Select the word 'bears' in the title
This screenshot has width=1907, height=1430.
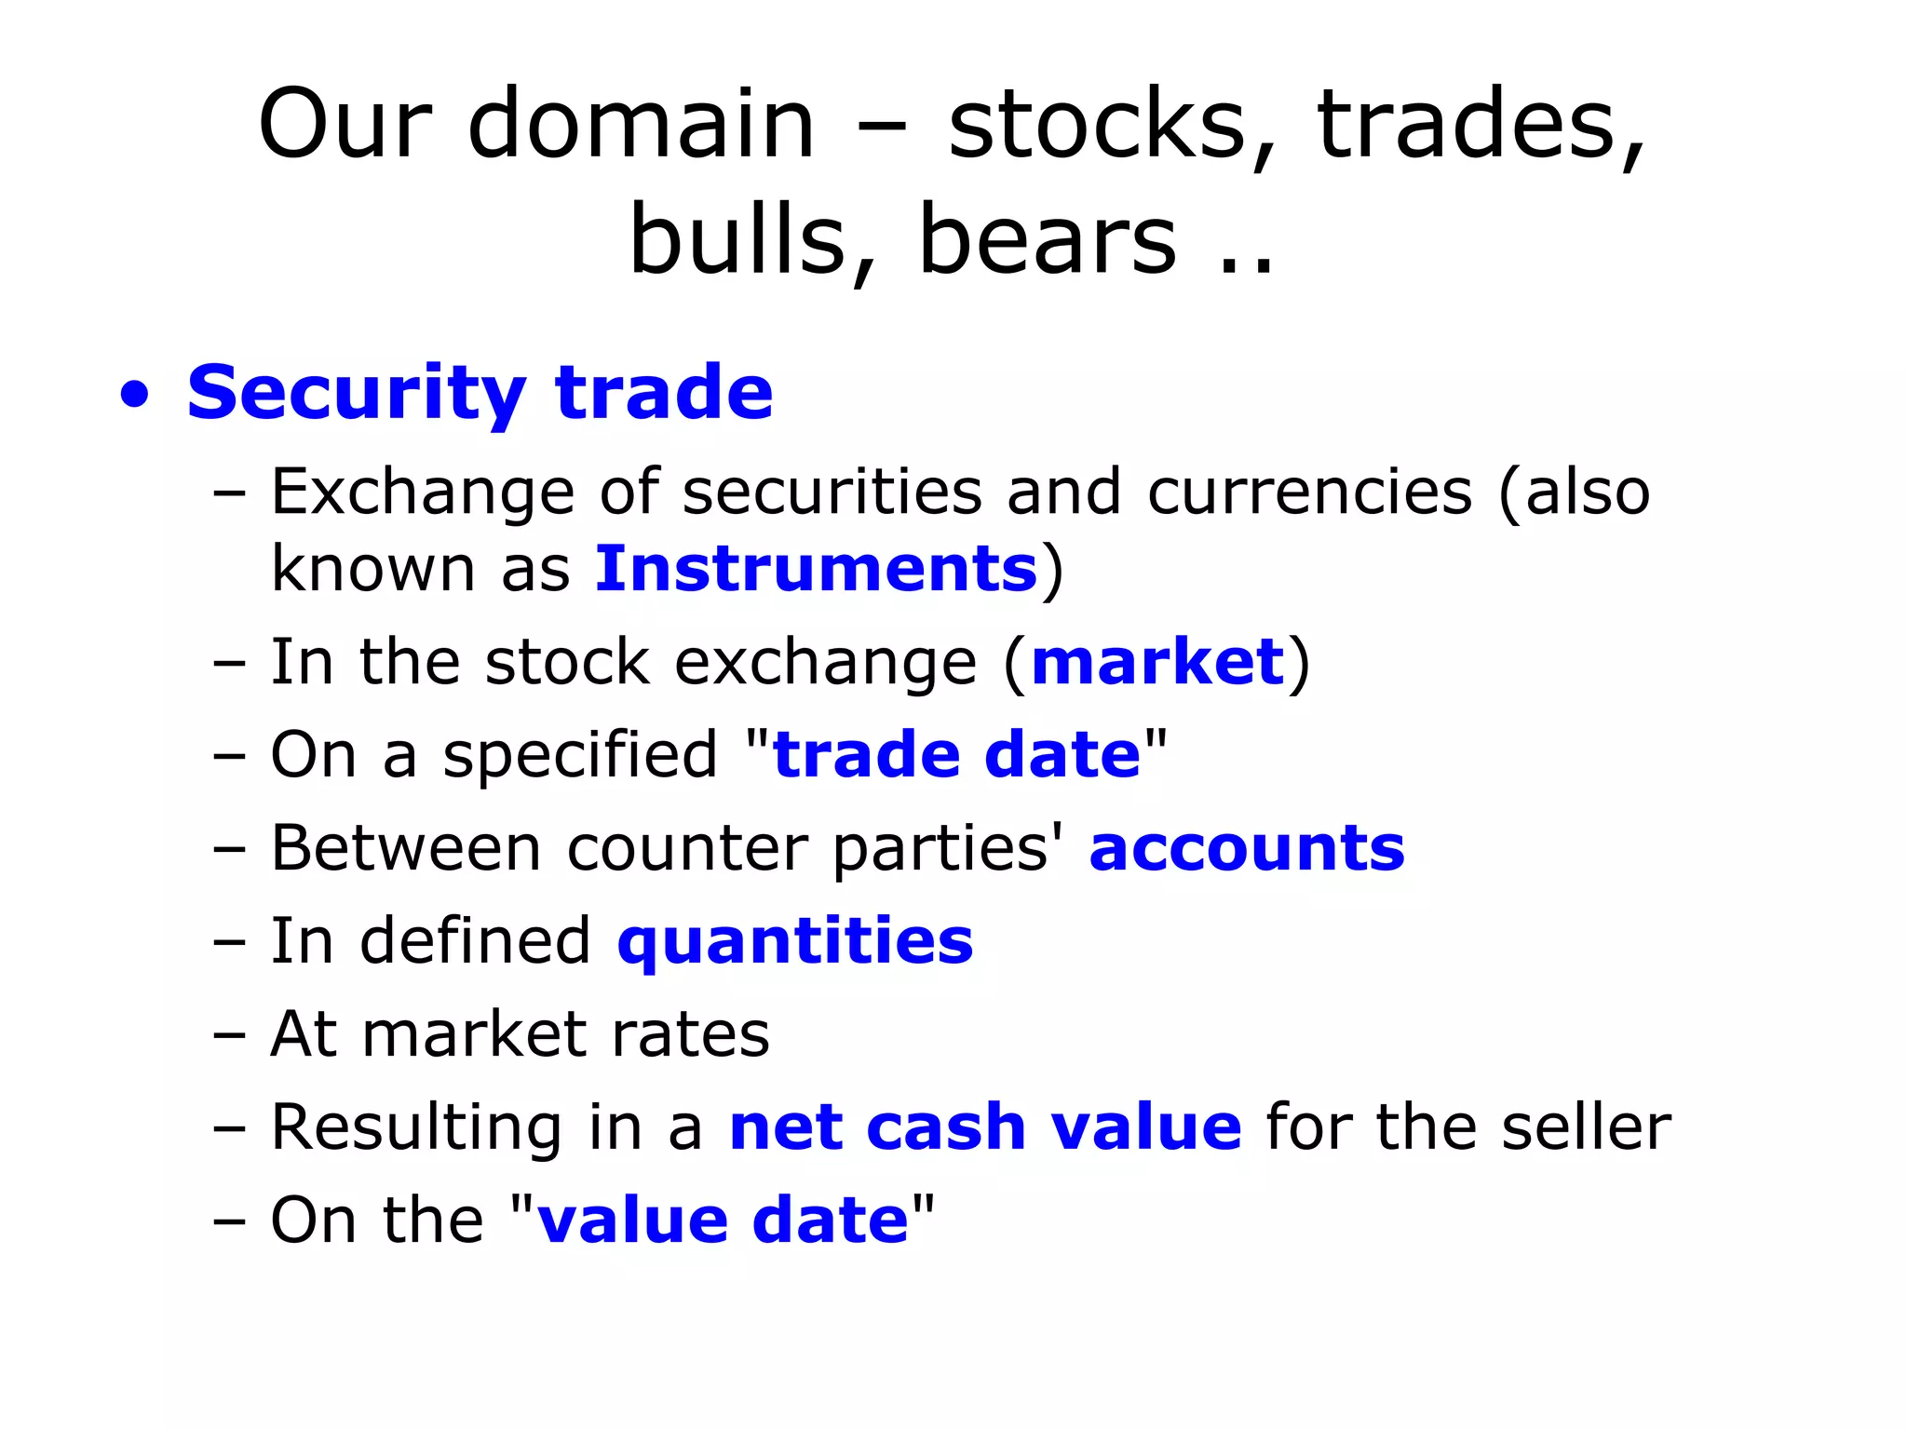[1047, 240]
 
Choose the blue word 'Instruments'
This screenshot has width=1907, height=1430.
[816, 569]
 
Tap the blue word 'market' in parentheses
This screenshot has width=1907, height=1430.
[1157, 662]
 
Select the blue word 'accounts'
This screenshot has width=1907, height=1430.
[1246, 848]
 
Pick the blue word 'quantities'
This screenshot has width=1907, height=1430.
[794, 942]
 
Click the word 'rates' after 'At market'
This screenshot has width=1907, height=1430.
[690, 1034]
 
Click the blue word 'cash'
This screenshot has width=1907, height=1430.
[945, 1127]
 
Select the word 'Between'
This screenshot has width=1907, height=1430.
[406, 848]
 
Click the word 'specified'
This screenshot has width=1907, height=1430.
[579, 755]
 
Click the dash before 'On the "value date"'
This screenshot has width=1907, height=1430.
[229, 1221]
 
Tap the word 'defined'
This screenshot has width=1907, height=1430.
[475, 941]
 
